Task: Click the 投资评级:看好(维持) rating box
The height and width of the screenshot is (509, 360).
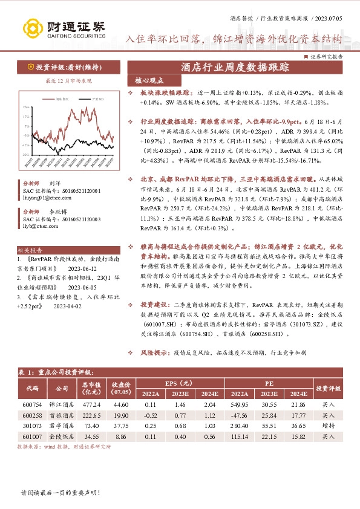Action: click(55, 67)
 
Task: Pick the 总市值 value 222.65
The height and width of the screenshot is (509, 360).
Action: click(91, 415)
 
